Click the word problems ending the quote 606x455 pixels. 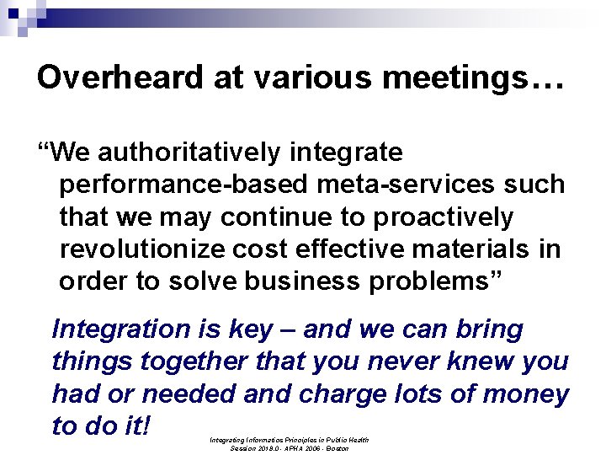click(x=435, y=281)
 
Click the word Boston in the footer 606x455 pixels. click(x=337, y=449)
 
